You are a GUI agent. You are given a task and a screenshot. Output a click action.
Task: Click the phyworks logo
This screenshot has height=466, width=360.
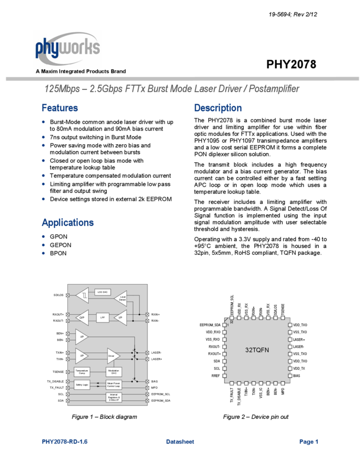(67, 48)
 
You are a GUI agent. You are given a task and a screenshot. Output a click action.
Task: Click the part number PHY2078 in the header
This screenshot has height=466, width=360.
(291, 65)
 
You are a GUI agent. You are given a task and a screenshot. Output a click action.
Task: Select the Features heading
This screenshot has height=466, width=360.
(60, 108)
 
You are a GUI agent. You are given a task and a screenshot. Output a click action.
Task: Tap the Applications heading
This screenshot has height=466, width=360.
(67, 223)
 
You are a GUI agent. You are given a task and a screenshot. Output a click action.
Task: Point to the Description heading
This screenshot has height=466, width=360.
(218, 108)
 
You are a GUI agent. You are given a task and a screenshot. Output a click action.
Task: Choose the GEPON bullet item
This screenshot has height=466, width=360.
(60, 245)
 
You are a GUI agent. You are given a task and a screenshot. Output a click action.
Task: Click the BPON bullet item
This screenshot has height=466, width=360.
(58, 253)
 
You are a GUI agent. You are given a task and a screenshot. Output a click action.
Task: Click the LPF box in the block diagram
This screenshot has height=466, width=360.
(102, 317)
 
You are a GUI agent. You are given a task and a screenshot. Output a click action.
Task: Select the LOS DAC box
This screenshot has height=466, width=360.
(102, 292)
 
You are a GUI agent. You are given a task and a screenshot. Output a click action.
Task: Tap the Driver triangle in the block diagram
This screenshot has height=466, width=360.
(112, 356)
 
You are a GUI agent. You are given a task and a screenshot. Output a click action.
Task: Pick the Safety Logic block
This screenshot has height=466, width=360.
(82, 385)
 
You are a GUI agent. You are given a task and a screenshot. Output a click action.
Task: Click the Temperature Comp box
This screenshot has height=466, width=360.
(82, 372)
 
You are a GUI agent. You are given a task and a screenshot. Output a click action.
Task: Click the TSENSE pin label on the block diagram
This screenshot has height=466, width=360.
(59, 371)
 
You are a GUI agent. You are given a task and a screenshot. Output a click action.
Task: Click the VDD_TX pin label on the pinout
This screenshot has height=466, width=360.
(300, 368)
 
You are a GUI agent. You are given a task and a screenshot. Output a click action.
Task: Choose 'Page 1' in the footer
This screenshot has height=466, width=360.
(308, 441)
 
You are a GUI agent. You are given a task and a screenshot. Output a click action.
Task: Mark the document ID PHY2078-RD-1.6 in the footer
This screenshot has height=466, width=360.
(65, 441)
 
